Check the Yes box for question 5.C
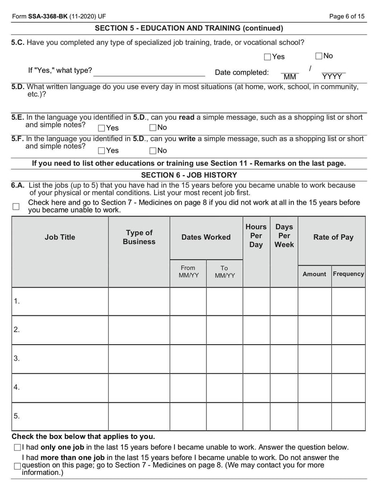pyautogui.click(x=267, y=57)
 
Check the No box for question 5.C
pyautogui.click(x=319, y=56)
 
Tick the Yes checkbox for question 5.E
pyautogui.click(x=102, y=128)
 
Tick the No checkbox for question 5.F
pyautogui.click(x=153, y=151)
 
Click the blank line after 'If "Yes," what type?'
pyautogui.click(x=149, y=71)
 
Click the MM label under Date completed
pyautogui.click(x=290, y=77)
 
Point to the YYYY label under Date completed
pyautogui.click(x=332, y=77)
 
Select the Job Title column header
pyautogui.click(x=60, y=237)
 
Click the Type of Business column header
pyautogui.click(x=139, y=237)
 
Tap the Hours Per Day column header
pyautogui.click(x=256, y=236)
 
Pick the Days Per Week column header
pyautogui.click(x=284, y=236)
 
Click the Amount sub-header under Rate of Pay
pyautogui.click(x=314, y=274)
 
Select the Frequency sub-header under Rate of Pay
pyautogui.click(x=348, y=274)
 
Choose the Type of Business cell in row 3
pyautogui.click(x=139, y=359)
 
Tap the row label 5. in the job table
pyautogui.click(x=17, y=416)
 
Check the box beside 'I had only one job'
pyautogui.click(x=17, y=447)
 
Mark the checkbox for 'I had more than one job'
pyautogui.click(x=17, y=466)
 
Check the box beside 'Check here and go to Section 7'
pyautogui.click(x=16, y=206)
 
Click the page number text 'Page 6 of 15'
pyautogui.click(x=347, y=17)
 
